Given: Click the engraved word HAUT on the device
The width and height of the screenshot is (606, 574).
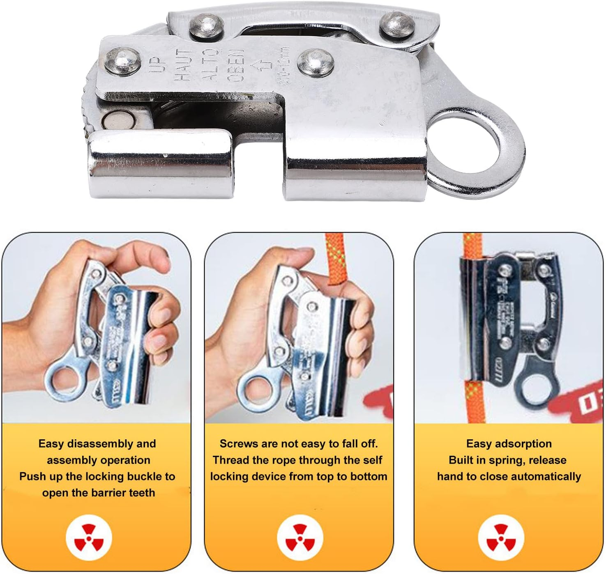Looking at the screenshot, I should point(185,64).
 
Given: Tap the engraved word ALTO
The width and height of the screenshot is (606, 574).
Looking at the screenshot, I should point(210,64).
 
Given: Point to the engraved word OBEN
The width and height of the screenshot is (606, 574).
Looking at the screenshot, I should point(236,65).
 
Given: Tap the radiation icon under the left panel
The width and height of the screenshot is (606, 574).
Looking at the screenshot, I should point(89,537).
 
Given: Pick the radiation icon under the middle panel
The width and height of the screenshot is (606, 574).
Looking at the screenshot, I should point(300,537).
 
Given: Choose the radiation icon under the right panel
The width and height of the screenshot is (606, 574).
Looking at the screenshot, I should point(501,537).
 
